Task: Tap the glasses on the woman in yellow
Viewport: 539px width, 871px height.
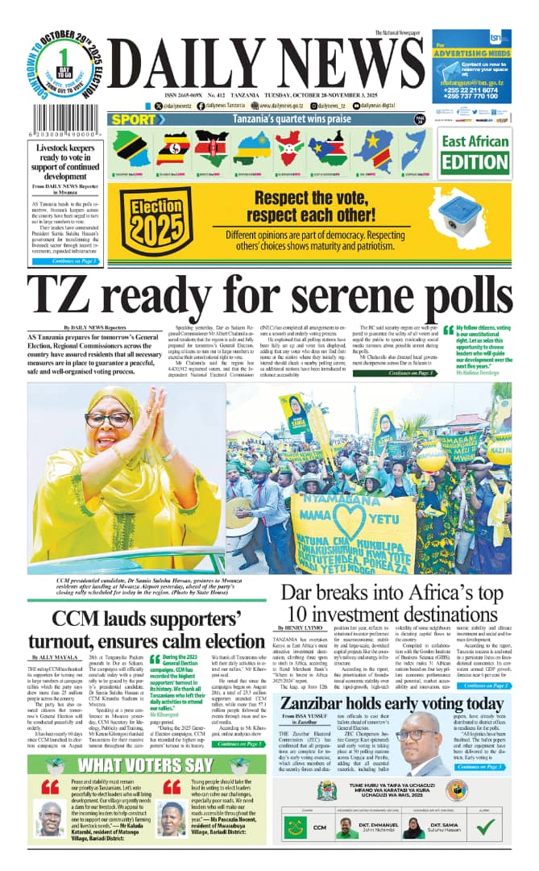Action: pyautogui.click(x=108, y=420)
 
